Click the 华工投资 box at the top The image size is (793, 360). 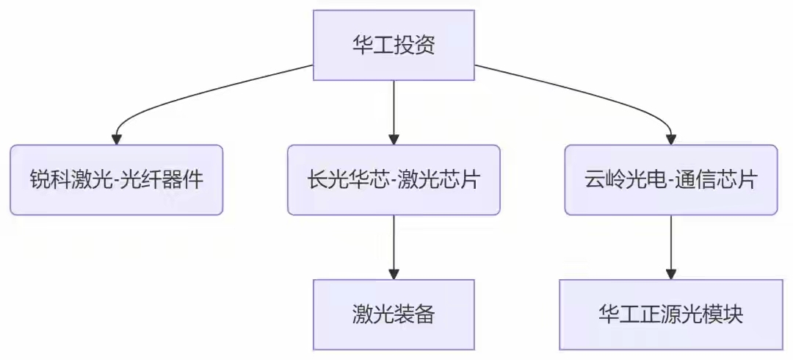click(x=394, y=45)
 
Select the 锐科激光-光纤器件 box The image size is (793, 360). click(x=116, y=180)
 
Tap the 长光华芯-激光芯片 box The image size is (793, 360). click(x=394, y=180)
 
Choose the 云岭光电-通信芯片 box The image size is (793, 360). click(x=670, y=180)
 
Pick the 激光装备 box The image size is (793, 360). click(x=394, y=314)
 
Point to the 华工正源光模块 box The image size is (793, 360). click(x=670, y=314)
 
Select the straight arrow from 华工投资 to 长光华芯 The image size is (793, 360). click(x=394, y=112)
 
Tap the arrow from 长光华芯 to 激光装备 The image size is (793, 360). click(x=394, y=247)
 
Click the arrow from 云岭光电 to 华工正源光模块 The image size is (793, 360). click(x=670, y=247)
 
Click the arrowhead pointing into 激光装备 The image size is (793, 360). click(x=394, y=274)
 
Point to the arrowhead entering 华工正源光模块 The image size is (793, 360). click(x=670, y=274)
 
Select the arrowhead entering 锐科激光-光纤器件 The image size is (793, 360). click(x=116, y=140)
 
